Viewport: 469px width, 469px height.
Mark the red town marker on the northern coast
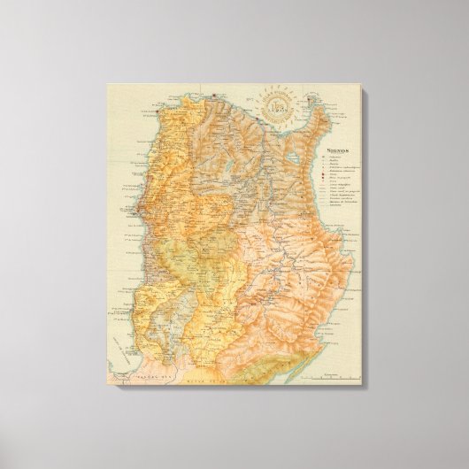tap(216, 91)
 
